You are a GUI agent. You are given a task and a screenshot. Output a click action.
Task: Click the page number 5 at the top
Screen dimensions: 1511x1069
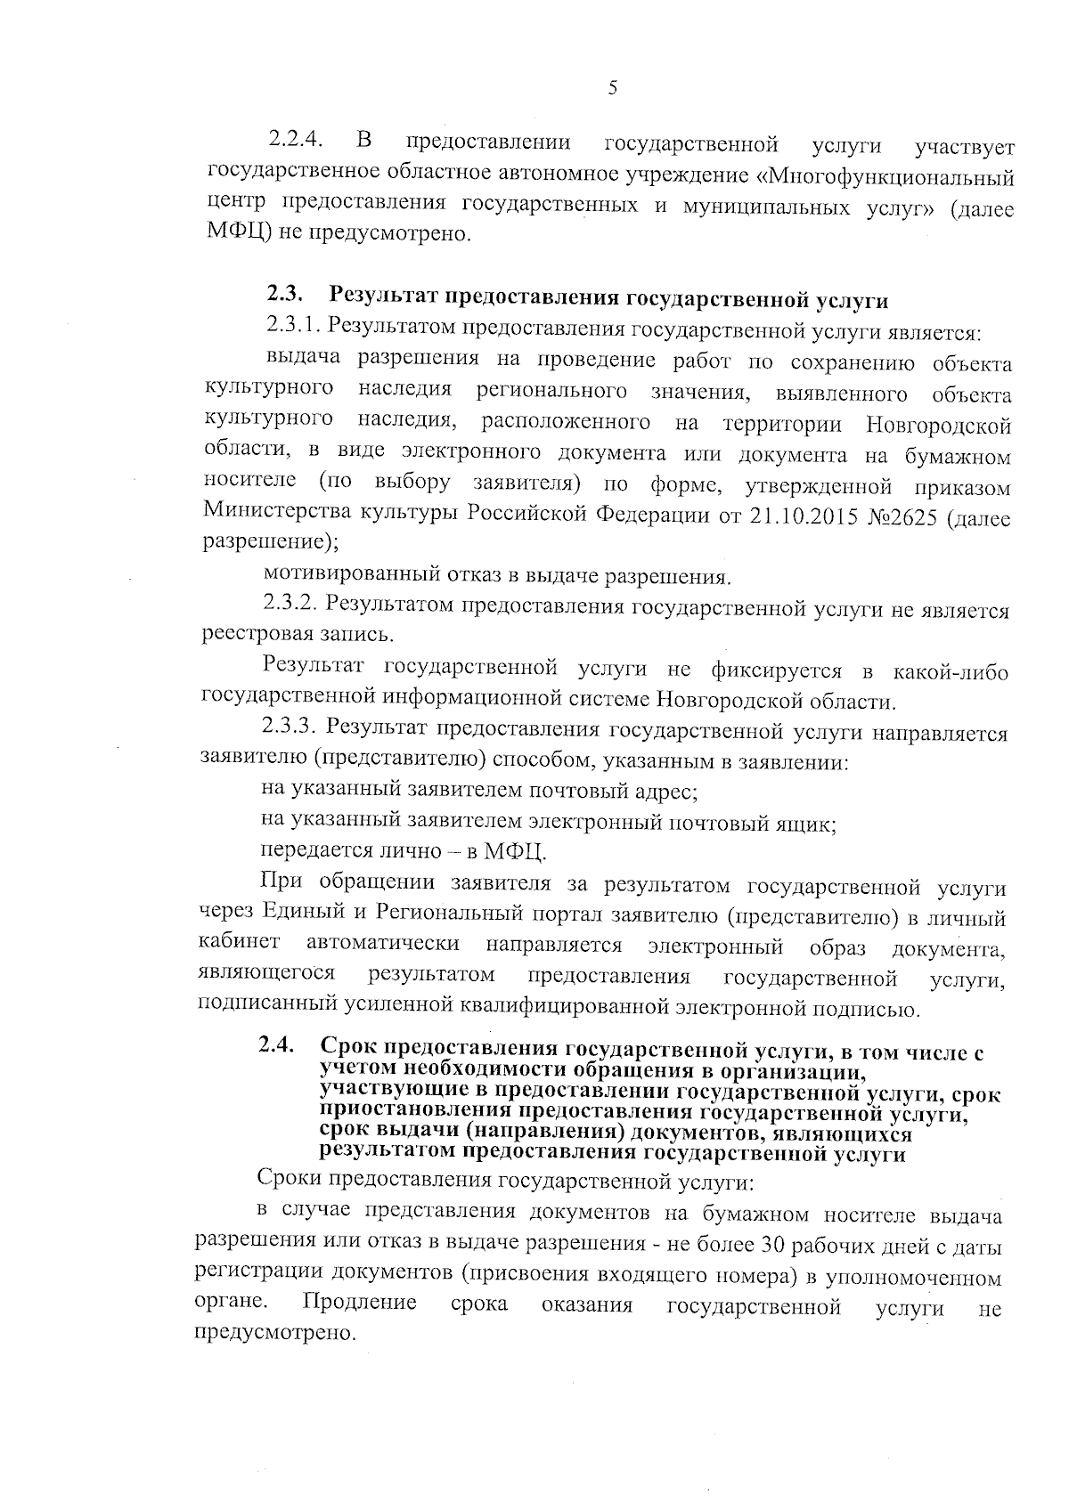611,87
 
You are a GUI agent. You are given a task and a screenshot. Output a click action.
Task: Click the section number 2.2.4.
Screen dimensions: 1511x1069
294,141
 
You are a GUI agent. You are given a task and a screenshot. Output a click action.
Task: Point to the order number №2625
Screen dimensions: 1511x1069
905,516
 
